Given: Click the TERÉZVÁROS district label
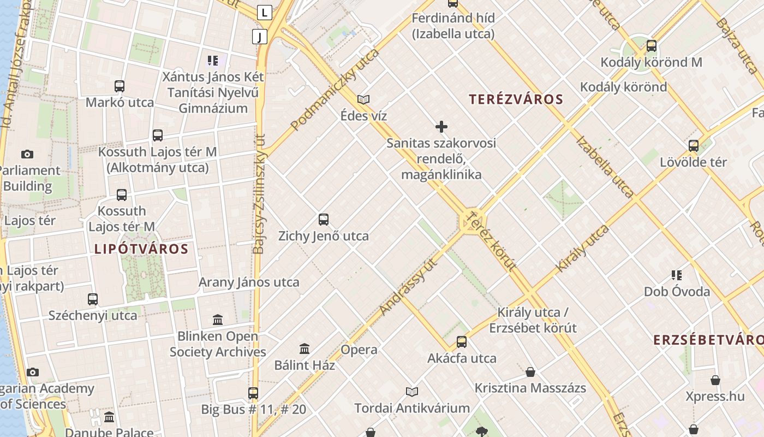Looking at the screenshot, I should pos(516,99).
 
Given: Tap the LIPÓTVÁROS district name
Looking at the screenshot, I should pos(141,249).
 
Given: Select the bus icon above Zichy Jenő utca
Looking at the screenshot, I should pos(324,220).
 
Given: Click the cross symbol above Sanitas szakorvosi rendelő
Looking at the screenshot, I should pos(441,127).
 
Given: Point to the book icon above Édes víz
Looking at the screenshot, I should pos(363,99).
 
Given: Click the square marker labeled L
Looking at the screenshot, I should pos(265,12).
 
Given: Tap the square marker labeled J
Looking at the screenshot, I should pos(260,37).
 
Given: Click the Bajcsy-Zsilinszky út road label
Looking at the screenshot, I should pos(259,194).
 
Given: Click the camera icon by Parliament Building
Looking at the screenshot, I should pos(27,155).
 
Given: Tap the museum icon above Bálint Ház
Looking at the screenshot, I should pos(305,349).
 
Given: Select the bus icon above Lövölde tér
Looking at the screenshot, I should pos(694,146).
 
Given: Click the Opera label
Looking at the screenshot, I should pos(359,350).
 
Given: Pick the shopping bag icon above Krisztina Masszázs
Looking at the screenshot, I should pos(530,373).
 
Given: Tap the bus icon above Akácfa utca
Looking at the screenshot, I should pos(462,342).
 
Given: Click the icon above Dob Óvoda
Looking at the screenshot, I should pos(677,275).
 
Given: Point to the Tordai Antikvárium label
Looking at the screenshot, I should pos(412,408).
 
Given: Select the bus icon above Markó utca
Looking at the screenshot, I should pos(120,86).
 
